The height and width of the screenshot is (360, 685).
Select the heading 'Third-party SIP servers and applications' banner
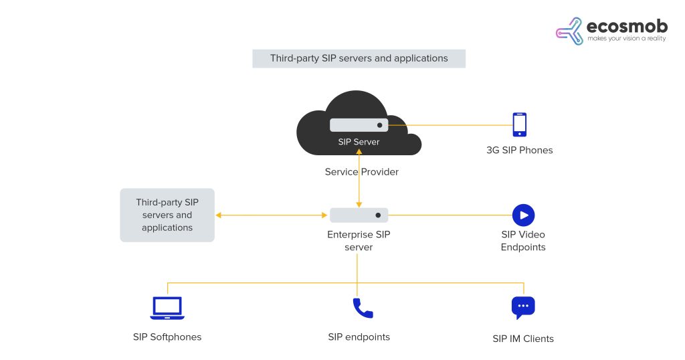(359, 58)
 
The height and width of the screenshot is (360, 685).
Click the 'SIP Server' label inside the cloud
(359, 142)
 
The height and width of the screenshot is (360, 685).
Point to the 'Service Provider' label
(361, 172)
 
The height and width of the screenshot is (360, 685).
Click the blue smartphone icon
(518, 124)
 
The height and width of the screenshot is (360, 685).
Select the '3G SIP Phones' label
(519, 151)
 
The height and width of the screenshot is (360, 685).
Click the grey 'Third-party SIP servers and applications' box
(167, 215)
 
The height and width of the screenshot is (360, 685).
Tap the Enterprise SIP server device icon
(359, 215)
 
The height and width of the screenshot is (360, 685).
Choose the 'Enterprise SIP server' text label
(359, 241)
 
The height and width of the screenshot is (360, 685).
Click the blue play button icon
(523, 215)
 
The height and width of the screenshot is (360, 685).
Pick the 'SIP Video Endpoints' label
(523, 241)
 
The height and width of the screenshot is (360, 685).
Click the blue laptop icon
(167, 308)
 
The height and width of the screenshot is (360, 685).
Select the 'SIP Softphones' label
(167, 337)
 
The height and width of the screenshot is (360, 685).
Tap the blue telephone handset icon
(362, 308)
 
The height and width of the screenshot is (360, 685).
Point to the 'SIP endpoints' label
(359, 337)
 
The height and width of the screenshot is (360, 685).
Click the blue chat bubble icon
(523, 308)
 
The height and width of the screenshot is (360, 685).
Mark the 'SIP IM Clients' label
(523, 339)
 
